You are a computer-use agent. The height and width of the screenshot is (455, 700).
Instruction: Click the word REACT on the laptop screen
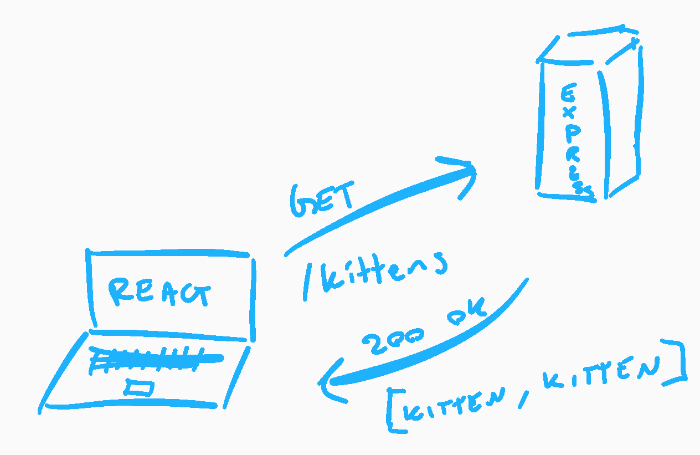159,293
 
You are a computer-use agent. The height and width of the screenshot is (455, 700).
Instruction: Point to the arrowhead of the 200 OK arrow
329,382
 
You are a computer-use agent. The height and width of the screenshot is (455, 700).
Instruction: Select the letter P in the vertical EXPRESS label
570,132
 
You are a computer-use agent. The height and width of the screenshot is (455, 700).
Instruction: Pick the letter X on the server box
568,114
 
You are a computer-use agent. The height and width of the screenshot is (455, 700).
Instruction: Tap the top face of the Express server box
590,45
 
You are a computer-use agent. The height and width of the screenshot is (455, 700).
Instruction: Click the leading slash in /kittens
308,283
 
